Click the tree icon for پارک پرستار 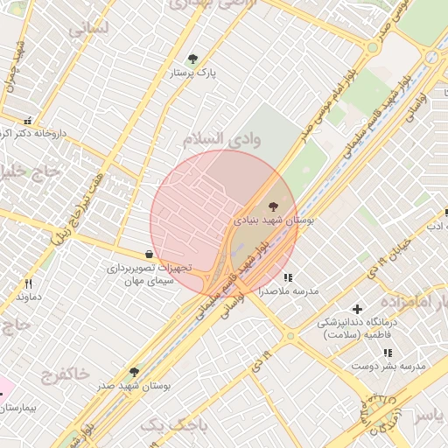192,59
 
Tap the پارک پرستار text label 193,74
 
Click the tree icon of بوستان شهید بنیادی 276,206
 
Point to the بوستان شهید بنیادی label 273,221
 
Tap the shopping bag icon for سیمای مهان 150,254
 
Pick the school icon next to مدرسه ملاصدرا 288,277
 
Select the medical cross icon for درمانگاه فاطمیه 357,309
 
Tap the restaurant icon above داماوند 28,283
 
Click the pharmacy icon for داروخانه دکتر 27,121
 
